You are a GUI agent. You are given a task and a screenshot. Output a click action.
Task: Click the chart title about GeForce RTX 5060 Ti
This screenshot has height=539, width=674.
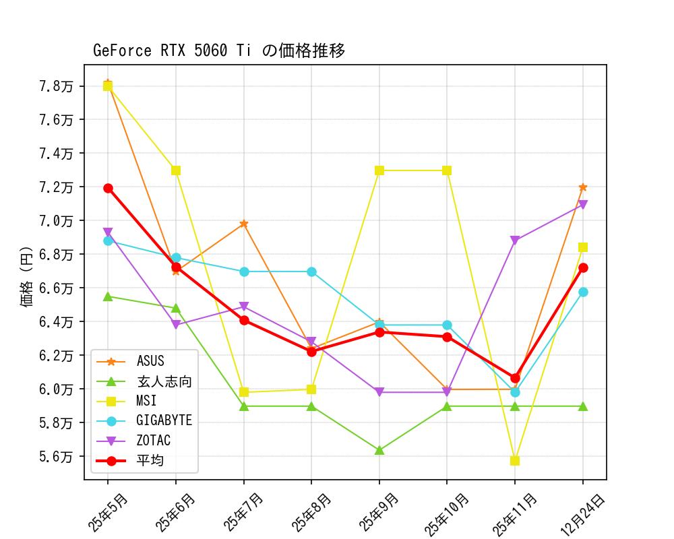click(219, 51)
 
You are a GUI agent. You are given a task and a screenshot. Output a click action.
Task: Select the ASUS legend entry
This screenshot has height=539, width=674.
click(150, 362)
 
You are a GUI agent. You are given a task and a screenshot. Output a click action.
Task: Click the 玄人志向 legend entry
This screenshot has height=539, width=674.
click(164, 382)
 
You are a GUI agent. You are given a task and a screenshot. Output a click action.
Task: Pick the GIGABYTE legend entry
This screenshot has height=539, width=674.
click(164, 421)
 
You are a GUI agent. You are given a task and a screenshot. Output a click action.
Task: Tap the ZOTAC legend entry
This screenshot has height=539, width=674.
click(153, 441)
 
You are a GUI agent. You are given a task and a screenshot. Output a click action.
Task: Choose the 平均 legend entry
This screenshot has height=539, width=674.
click(150, 461)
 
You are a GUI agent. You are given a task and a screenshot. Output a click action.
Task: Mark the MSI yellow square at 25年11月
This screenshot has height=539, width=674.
click(515, 461)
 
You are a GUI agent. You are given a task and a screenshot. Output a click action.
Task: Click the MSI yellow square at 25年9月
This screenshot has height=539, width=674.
click(379, 170)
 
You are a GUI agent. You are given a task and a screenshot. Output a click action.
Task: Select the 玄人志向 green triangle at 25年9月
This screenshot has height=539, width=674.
click(379, 450)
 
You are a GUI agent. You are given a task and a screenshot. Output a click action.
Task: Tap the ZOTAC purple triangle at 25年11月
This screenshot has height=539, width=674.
click(515, 241)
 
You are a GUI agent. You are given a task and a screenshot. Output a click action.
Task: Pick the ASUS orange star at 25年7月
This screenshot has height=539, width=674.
click(244, 224)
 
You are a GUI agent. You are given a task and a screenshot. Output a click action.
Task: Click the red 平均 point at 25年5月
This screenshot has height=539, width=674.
click(108, 188)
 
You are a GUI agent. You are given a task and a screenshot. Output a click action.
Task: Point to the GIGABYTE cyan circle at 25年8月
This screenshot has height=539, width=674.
click(311, 272)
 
